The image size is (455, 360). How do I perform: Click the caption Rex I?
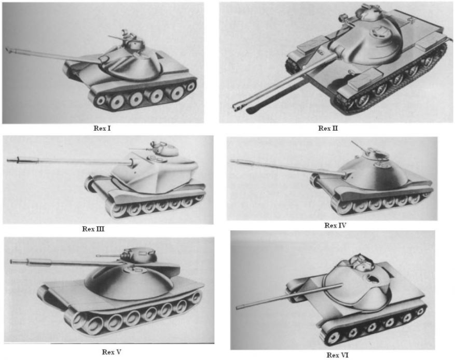coord(102,128)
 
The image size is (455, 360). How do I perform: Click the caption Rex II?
coord(328,128)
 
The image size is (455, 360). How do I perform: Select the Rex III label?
coord(93,229)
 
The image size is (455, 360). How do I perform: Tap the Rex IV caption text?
coord(335,226)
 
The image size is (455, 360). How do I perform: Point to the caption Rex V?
coord(112,352)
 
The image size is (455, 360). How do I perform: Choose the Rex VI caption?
coord(337,355)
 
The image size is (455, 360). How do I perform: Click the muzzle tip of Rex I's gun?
coord(7,50)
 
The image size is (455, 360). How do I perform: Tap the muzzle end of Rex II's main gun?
coord(236,107)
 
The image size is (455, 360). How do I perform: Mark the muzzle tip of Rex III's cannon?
coord(8,160)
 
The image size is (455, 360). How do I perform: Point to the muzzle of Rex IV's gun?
coord(231,161)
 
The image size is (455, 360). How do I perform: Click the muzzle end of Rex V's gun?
coord(11,261)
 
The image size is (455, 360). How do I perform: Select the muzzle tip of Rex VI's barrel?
coord(238,307)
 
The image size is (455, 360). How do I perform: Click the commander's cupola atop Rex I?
coord(136,44)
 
